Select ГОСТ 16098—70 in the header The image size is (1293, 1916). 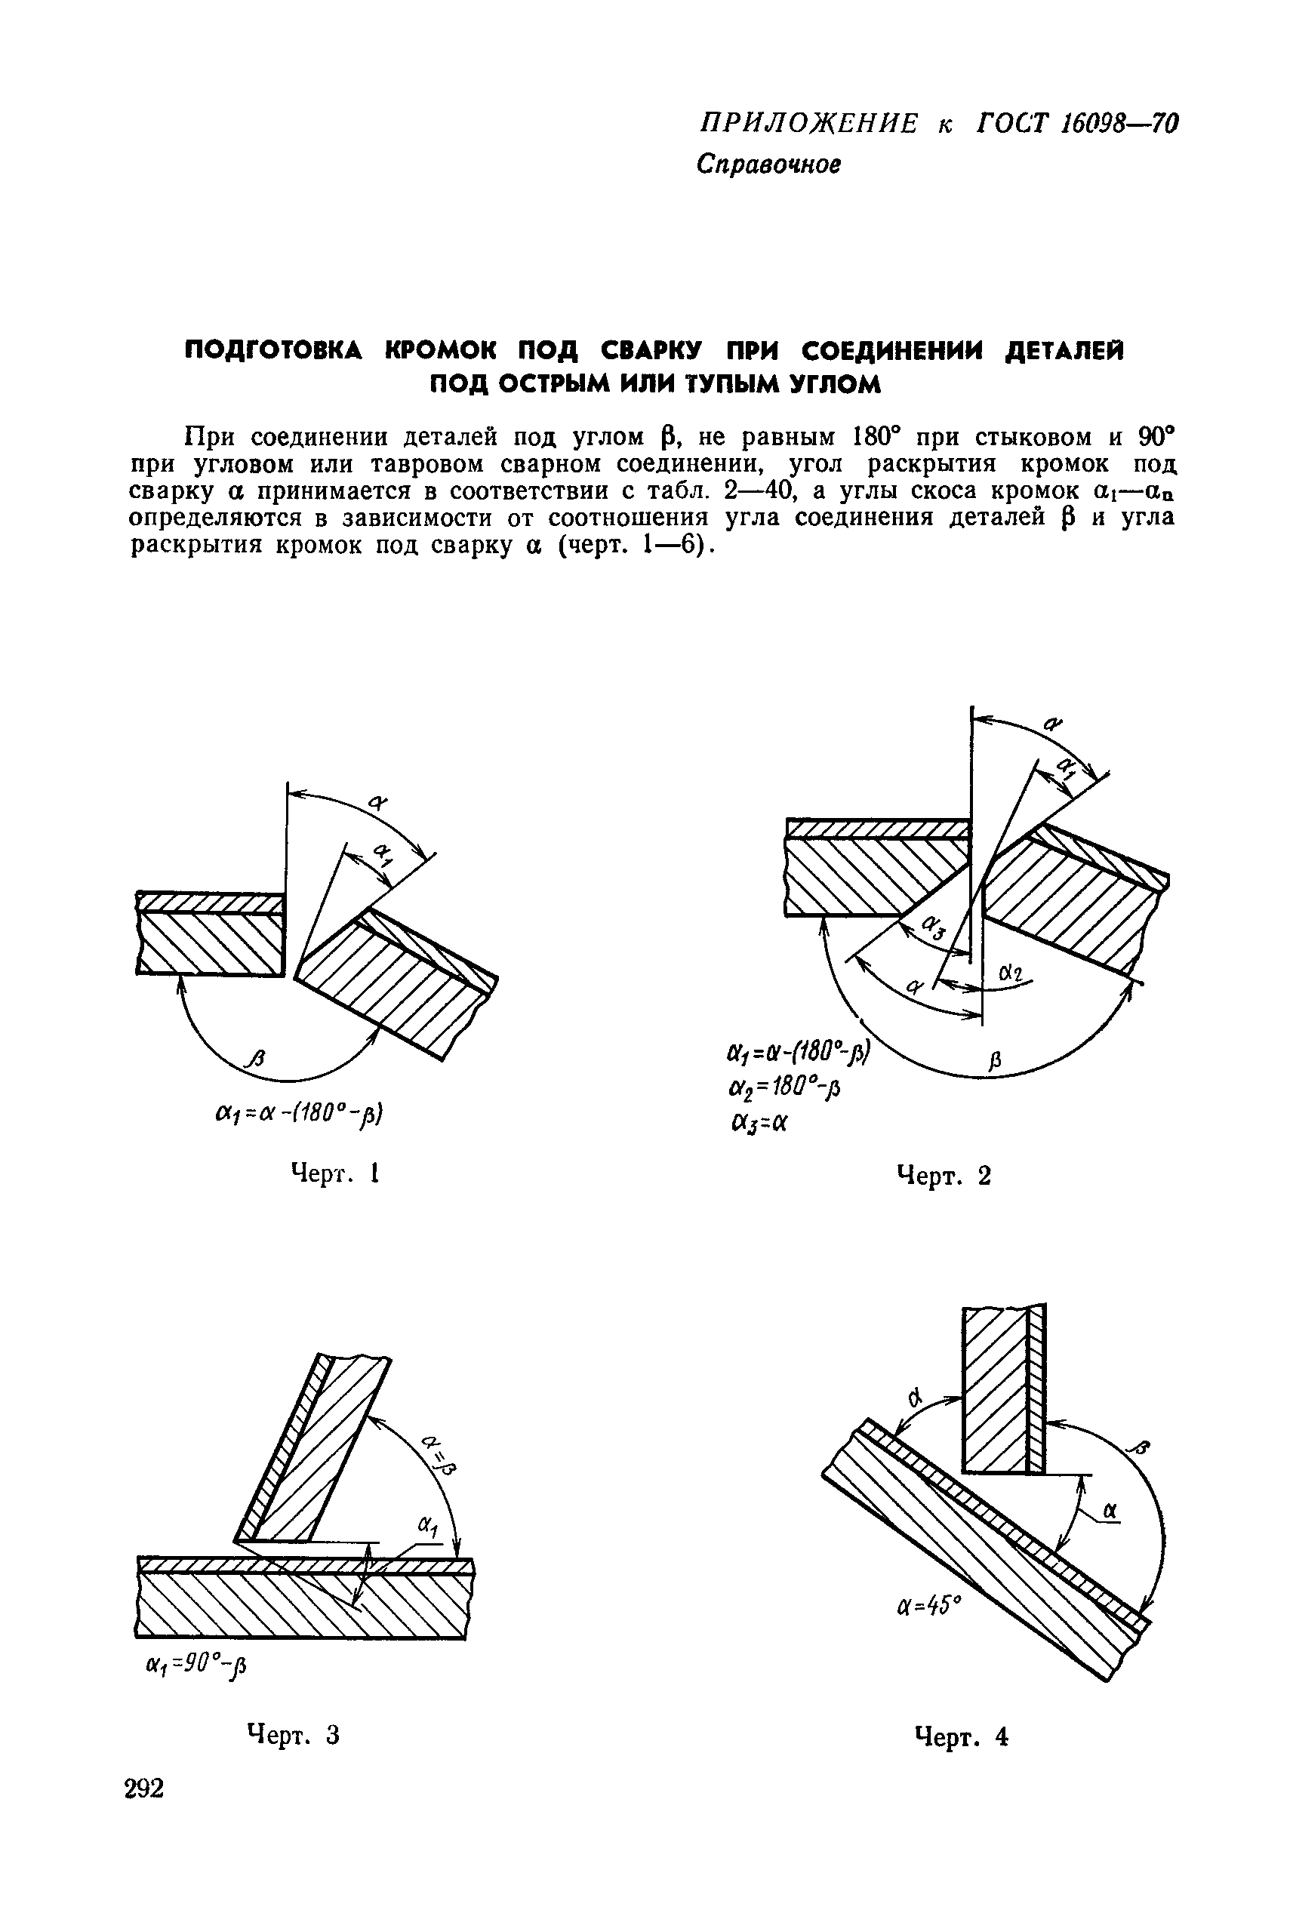pyautogui.click(x=1077, y=124)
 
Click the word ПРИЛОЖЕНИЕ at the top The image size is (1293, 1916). pyautogui.click(x=808, y=124)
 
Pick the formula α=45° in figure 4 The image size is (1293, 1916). pyautogui.click(x=928, y=1643)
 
